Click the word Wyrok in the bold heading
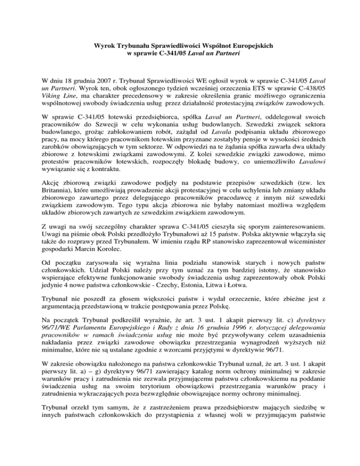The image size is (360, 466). (x=103, y=46)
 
